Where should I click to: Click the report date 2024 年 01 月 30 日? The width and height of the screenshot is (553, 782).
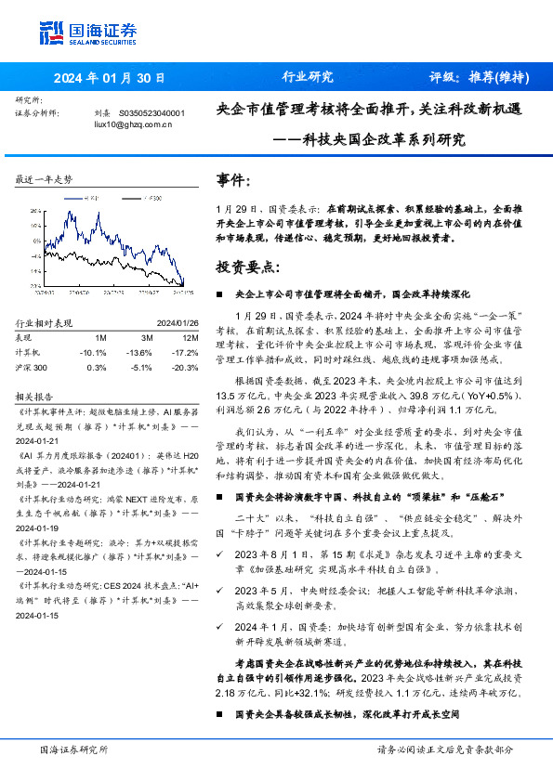coord(110,78)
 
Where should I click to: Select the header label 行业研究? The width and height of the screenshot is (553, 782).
coord(308,77)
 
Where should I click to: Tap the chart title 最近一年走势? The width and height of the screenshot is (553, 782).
coord(44,178)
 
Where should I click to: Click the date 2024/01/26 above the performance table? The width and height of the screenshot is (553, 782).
coord(176,323)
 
